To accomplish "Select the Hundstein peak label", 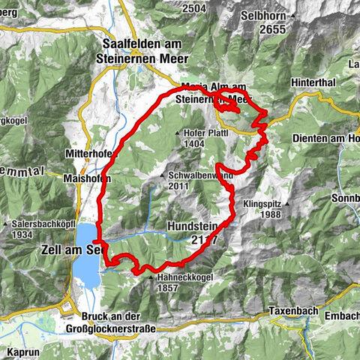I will coord(193,233).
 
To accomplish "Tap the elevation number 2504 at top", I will coord(193,7).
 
